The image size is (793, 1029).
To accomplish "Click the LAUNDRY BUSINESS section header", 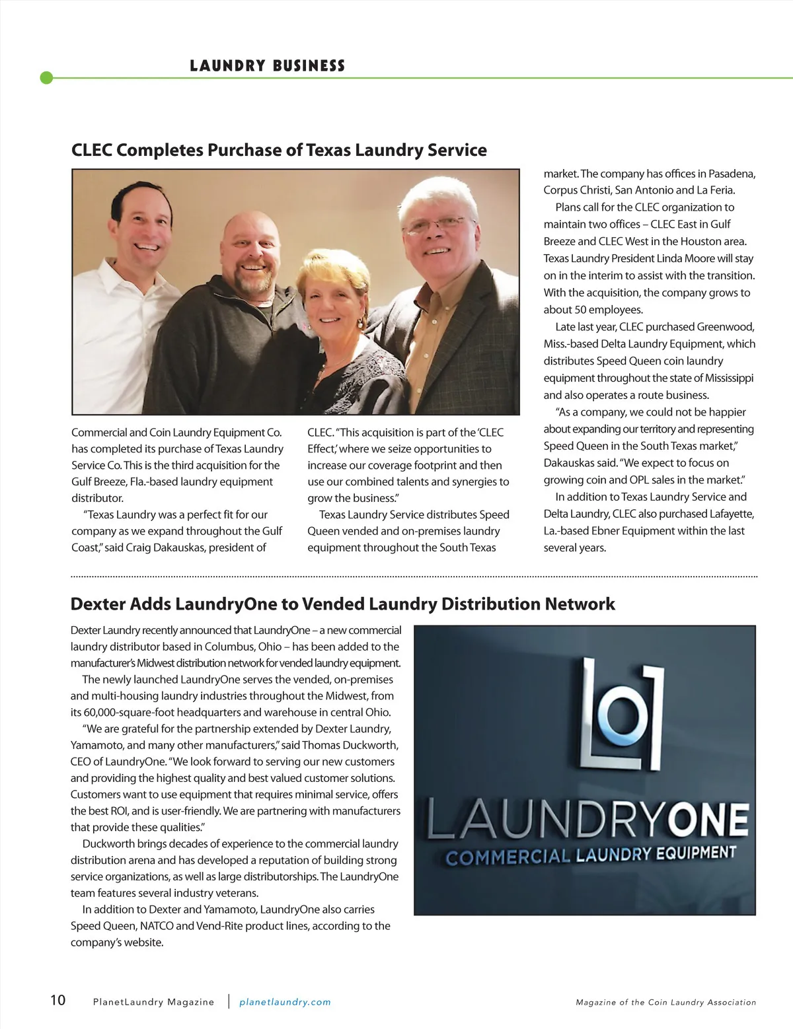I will click(x=267, y=65).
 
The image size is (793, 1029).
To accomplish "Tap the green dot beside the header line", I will click(x=46, y=78).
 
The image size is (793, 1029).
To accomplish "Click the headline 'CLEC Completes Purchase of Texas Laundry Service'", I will click(x=279, y=150).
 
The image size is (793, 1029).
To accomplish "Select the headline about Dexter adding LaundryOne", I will click(x=342, y=604).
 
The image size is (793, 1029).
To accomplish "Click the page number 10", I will click(x=58, y=1000).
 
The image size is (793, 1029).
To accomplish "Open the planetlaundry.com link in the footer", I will click(x=285, y=1002).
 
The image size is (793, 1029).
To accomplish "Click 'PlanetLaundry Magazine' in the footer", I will click(x=153, y=1002).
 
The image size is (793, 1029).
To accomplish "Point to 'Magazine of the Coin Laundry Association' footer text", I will click(x=665, y=1002).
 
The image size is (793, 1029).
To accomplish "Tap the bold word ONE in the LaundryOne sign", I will click(x=707, y=821).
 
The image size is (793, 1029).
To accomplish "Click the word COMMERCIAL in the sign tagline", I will click(x=508, y=857).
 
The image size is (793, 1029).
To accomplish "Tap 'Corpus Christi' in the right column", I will click(x=576, y=190).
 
